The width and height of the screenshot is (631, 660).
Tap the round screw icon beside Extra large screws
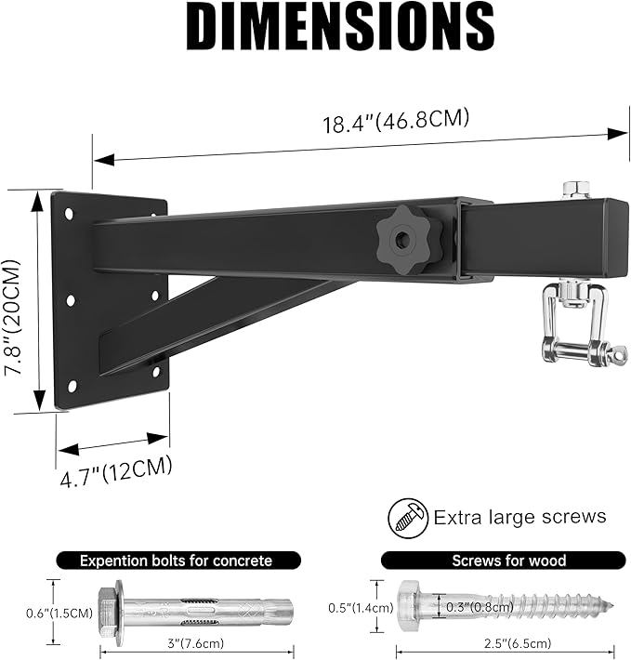click(406, 516)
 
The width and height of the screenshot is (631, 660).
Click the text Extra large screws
click(519, 517)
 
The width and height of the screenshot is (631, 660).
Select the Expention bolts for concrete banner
click(176, 561)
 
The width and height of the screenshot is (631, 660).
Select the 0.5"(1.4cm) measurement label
click(354, 608)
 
